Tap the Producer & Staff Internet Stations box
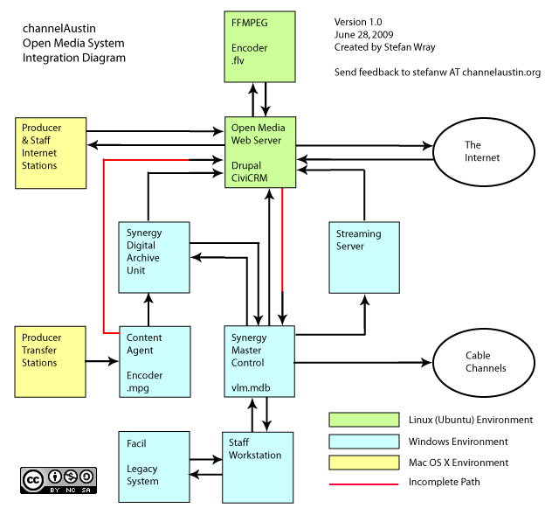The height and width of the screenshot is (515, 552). pyautogui.click(x=51, y=152)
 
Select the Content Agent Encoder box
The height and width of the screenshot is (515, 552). pyautogui.click(x=154, y=362)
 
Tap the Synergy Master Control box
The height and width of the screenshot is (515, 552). pyautogui.click(x=259, y=362)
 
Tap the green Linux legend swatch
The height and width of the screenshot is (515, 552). pyautogui.click(x=358, y=420)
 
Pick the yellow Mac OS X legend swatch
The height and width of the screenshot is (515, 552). pyautogui.click(x=358, y=462)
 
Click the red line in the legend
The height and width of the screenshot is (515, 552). pyautogui.click(x=358, y=483)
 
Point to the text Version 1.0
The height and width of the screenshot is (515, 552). pyautogui.click(x=359, y=21)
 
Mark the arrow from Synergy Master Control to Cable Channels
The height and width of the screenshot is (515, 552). pyautogui.click(x=362, y=361)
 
